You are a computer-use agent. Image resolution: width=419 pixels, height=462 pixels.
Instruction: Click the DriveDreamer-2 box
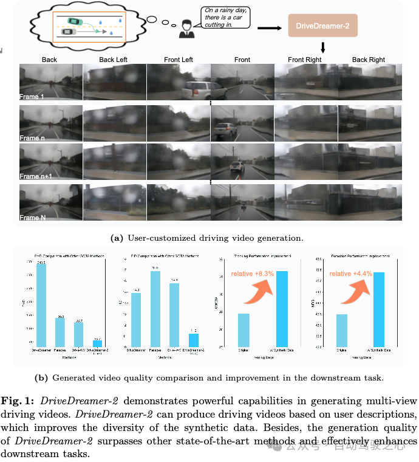pos(322,27)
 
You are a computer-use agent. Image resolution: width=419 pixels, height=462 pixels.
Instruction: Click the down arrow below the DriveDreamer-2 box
pos(322,47)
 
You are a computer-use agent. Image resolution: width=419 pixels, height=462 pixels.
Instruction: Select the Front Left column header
pos(179,60)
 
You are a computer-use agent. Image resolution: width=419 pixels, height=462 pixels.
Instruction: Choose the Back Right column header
pos(369,60)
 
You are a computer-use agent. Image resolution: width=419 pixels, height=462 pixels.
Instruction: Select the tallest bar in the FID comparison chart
pos(155,309)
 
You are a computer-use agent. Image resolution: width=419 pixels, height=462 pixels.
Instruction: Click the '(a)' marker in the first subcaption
pos(117,238)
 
